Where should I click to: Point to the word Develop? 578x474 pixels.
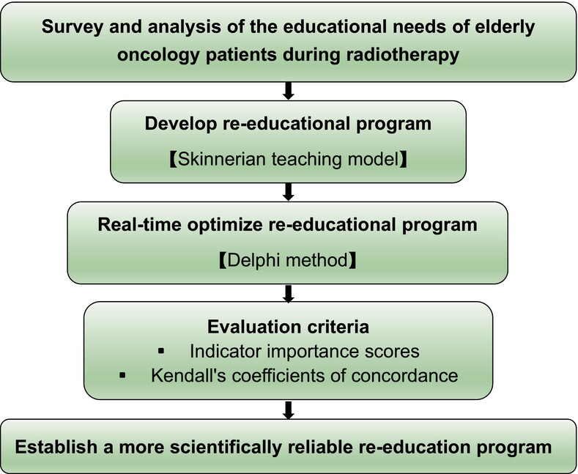181,125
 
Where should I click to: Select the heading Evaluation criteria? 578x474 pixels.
288,327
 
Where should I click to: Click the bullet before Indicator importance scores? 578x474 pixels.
161,351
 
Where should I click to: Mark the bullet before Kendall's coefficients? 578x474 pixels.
123,376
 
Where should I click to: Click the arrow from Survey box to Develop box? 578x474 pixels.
288,91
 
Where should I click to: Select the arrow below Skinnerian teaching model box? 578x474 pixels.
288,192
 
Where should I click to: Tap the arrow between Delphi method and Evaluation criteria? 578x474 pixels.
288,293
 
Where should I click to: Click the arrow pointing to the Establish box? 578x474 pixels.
288,410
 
